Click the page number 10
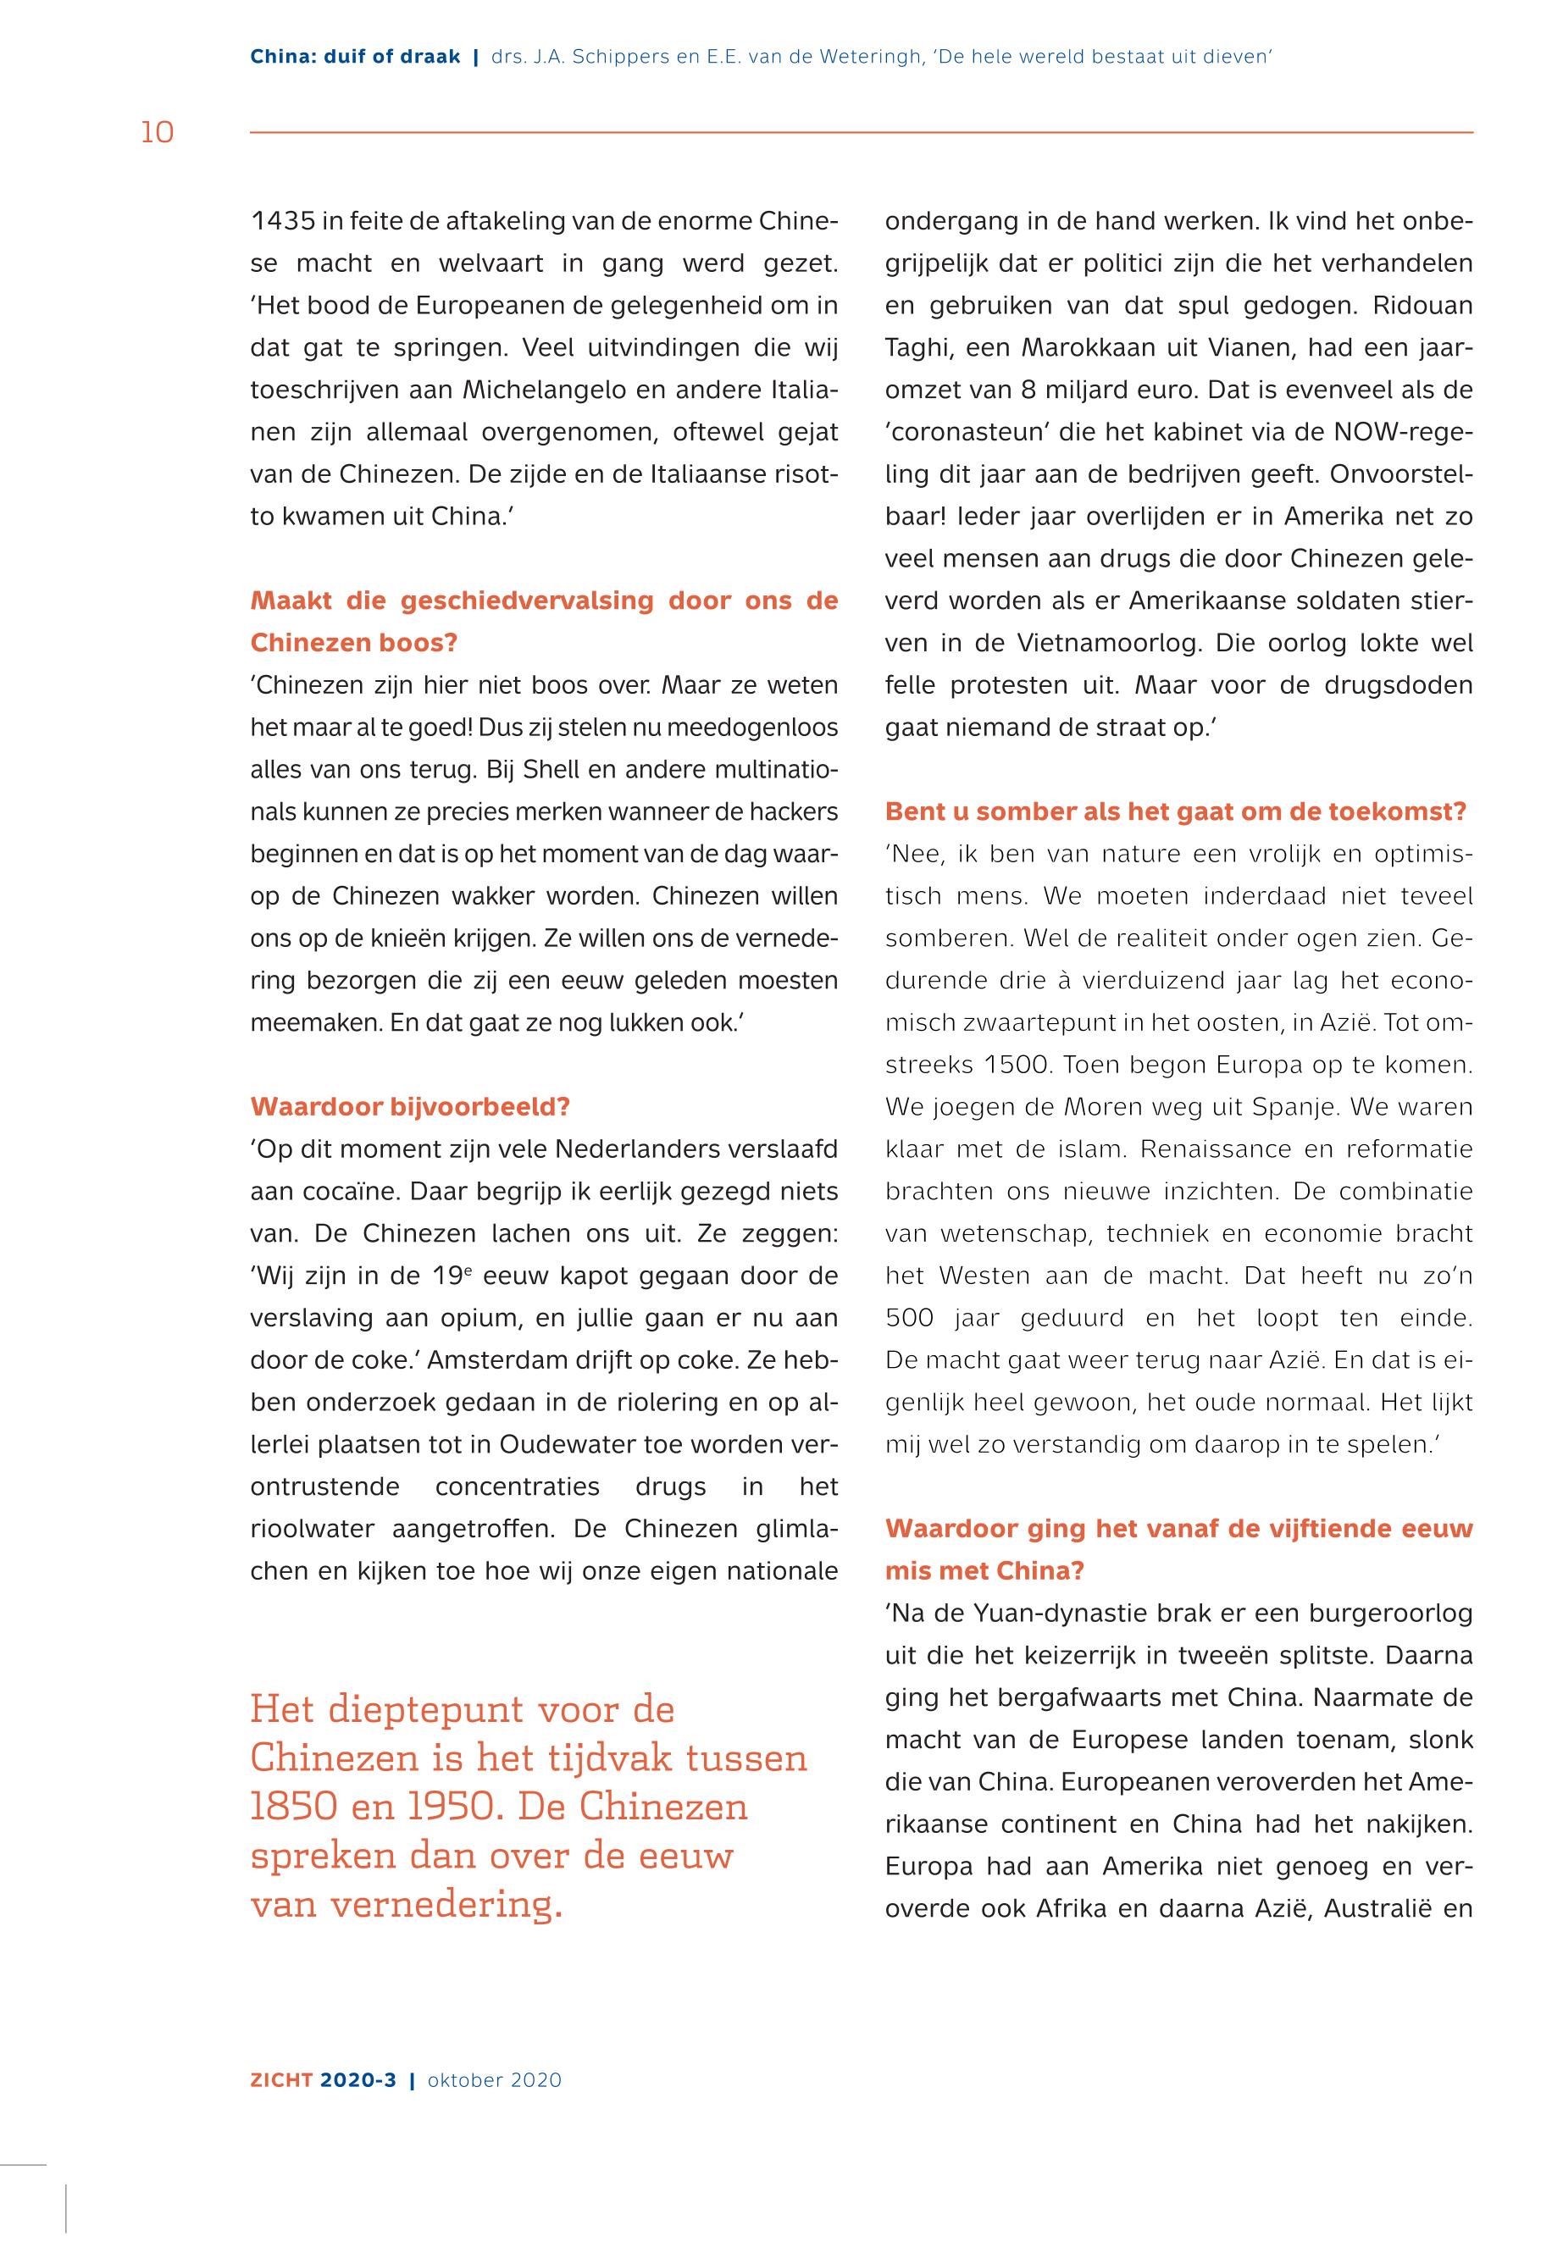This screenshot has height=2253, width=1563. [157, 132]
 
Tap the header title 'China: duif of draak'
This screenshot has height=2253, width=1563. [354, 57]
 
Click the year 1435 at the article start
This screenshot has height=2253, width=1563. [283, 221]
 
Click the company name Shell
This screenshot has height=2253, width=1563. [552, 770]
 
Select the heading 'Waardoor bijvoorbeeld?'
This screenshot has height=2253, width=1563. [410, 1106]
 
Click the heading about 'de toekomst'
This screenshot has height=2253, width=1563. [1175, 811]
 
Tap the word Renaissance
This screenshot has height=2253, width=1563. [1214, 1149]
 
